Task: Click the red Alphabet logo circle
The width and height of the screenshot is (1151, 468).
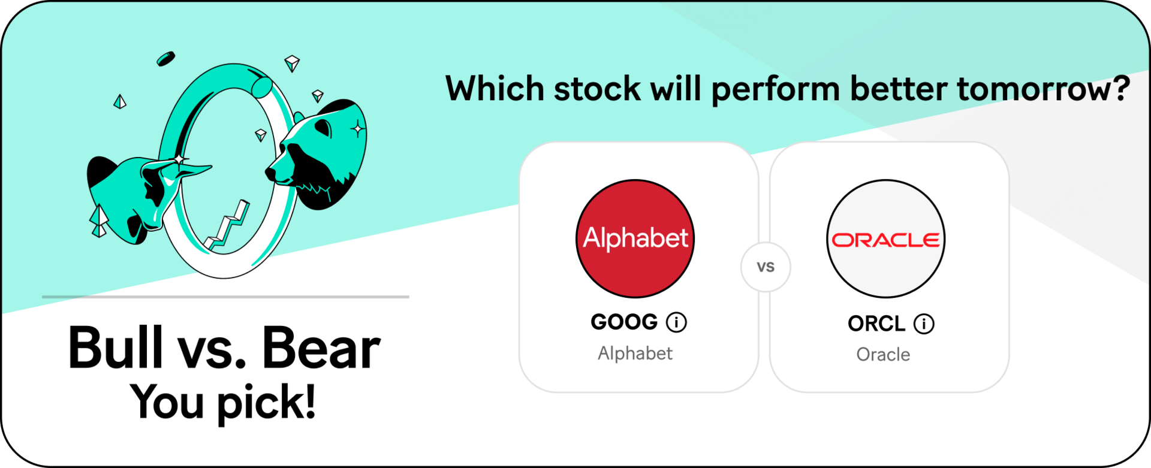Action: pyautogui.click(x=635, y=238)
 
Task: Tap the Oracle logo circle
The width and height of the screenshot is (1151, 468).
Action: pyautogui.click(x=885, y=238)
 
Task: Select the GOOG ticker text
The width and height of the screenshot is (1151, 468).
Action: pyautogui.click(x=624, y=322)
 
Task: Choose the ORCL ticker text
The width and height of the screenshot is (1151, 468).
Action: pyautogui.click(x=876, y=324)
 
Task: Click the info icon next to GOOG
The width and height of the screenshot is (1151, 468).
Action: pyautogui.click(x=677, y=322)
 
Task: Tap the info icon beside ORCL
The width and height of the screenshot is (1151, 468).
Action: pyautogui.click(x=924, y=324)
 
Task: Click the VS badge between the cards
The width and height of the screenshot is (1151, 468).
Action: pyautogui.click(x=766, y=267)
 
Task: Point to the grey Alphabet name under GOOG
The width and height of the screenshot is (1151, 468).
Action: pyautogui.click(x=635, y=354)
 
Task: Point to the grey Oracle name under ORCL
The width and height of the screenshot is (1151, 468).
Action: pyautogui.click(x=883, y=355)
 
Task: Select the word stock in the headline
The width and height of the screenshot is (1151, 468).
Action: pyautogui.click(x=598, y=89)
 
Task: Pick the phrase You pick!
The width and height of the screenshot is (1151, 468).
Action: pyautogui.click(x=223, y=403)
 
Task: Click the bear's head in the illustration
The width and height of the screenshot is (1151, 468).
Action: pyautogui.click(x=317, y=155)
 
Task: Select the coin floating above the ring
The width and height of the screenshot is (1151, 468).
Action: pyautogui.click(x=165, y=59)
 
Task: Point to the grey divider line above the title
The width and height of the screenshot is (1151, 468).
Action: pyautogui.click(x=225, y=297)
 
